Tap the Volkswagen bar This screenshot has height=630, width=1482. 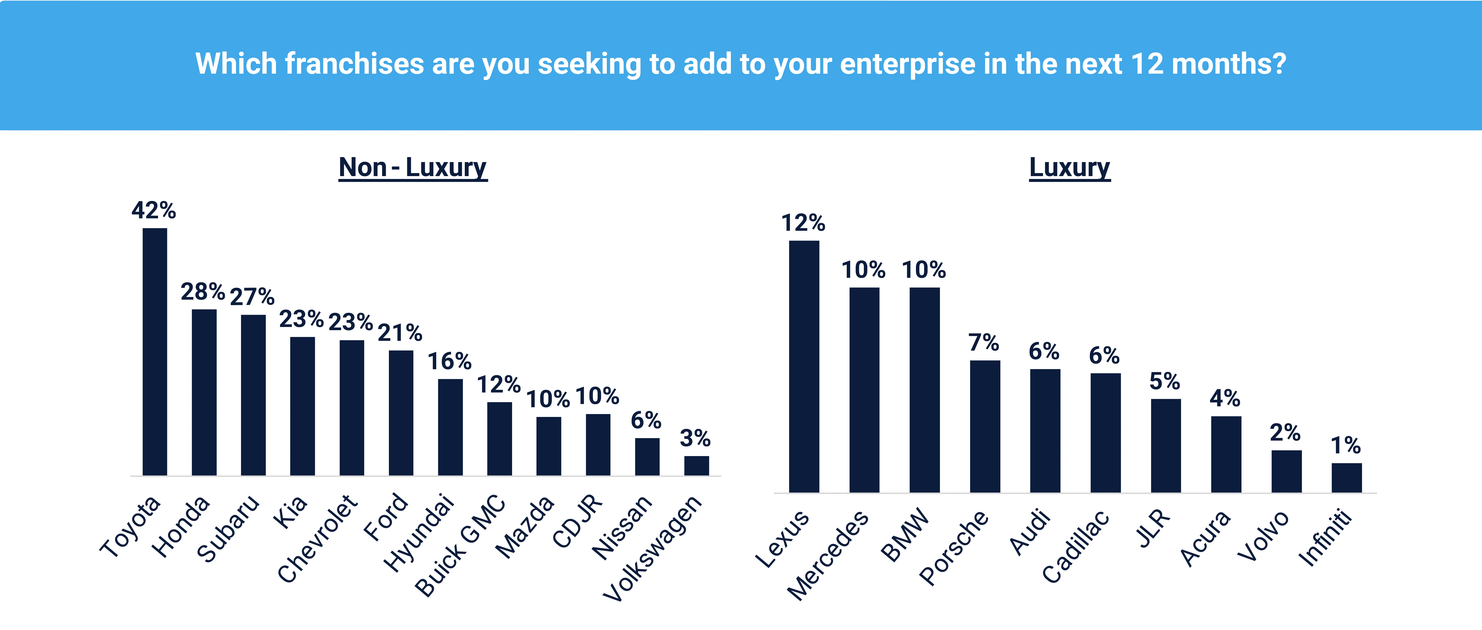(696, 466)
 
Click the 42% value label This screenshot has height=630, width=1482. (154, 210)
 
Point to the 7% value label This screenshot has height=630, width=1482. (984, 343)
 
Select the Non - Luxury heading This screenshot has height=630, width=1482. (413, 168)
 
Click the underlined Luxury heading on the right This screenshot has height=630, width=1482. (1069, 168)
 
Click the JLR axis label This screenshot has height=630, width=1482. (1154, 528)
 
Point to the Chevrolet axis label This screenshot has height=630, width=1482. (318, 539)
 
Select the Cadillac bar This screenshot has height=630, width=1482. (1105, 432)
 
